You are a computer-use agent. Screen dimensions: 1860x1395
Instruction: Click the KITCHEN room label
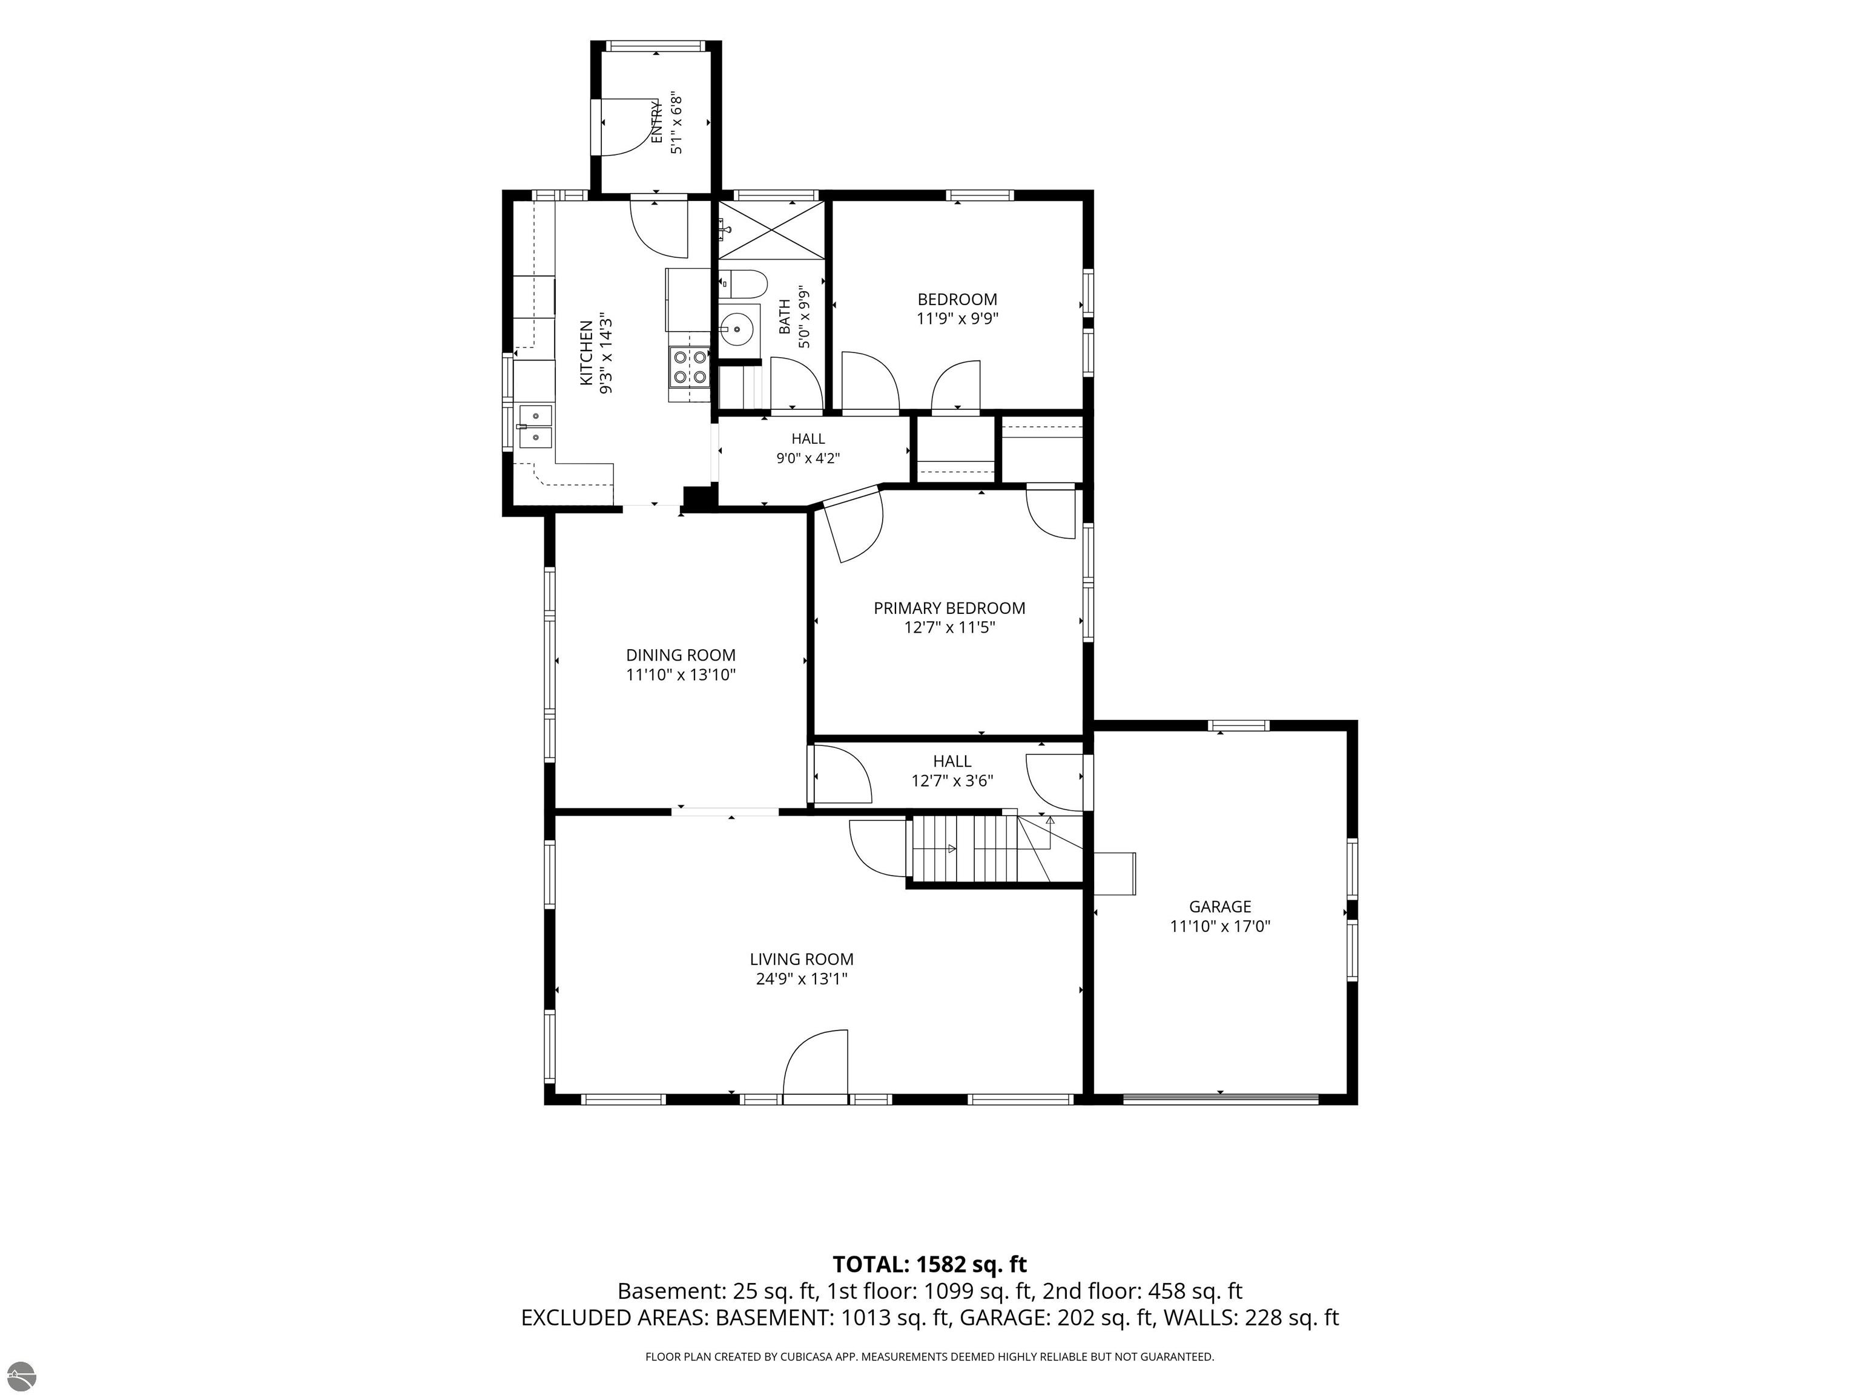(x=586, y=353)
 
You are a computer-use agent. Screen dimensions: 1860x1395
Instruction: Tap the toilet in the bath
(x=742, y=283)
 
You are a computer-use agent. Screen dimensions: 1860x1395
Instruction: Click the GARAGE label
(x=1219, y=906)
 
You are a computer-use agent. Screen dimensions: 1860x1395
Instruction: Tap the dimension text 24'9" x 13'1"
(x=802, y=979)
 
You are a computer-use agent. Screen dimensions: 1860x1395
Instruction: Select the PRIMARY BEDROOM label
(x=949, y=608)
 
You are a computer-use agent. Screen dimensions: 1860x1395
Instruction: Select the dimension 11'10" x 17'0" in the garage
(x=1219, y=926)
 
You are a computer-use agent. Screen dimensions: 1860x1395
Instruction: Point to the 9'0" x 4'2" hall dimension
(x=808, y=458)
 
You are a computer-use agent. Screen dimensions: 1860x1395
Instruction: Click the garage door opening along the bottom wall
(x=1220, y=1098)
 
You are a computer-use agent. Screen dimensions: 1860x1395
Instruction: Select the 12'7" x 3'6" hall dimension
(x=952, y=780)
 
